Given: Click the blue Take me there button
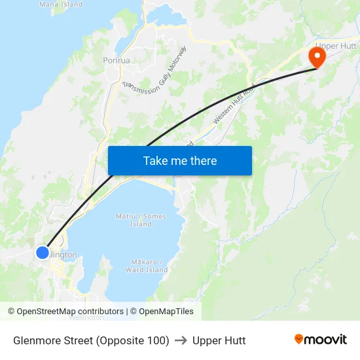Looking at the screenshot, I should point(180,160).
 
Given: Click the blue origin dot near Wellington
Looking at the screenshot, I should point(43,252).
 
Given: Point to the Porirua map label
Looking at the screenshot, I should point(115,60).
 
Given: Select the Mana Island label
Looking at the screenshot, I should point(61,4).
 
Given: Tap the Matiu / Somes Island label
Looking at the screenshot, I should point(141,220).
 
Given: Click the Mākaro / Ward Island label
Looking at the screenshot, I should point(147,266).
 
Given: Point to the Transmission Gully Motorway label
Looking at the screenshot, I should point(154,71).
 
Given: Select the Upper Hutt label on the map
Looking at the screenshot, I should point(335,46).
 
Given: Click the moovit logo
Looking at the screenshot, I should point(321,340).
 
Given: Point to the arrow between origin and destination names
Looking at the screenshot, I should point(181,340).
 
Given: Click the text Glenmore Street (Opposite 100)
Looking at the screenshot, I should point(91,340).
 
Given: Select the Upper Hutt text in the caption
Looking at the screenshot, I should point(219,340).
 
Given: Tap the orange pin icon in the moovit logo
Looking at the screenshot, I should point(299,340).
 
